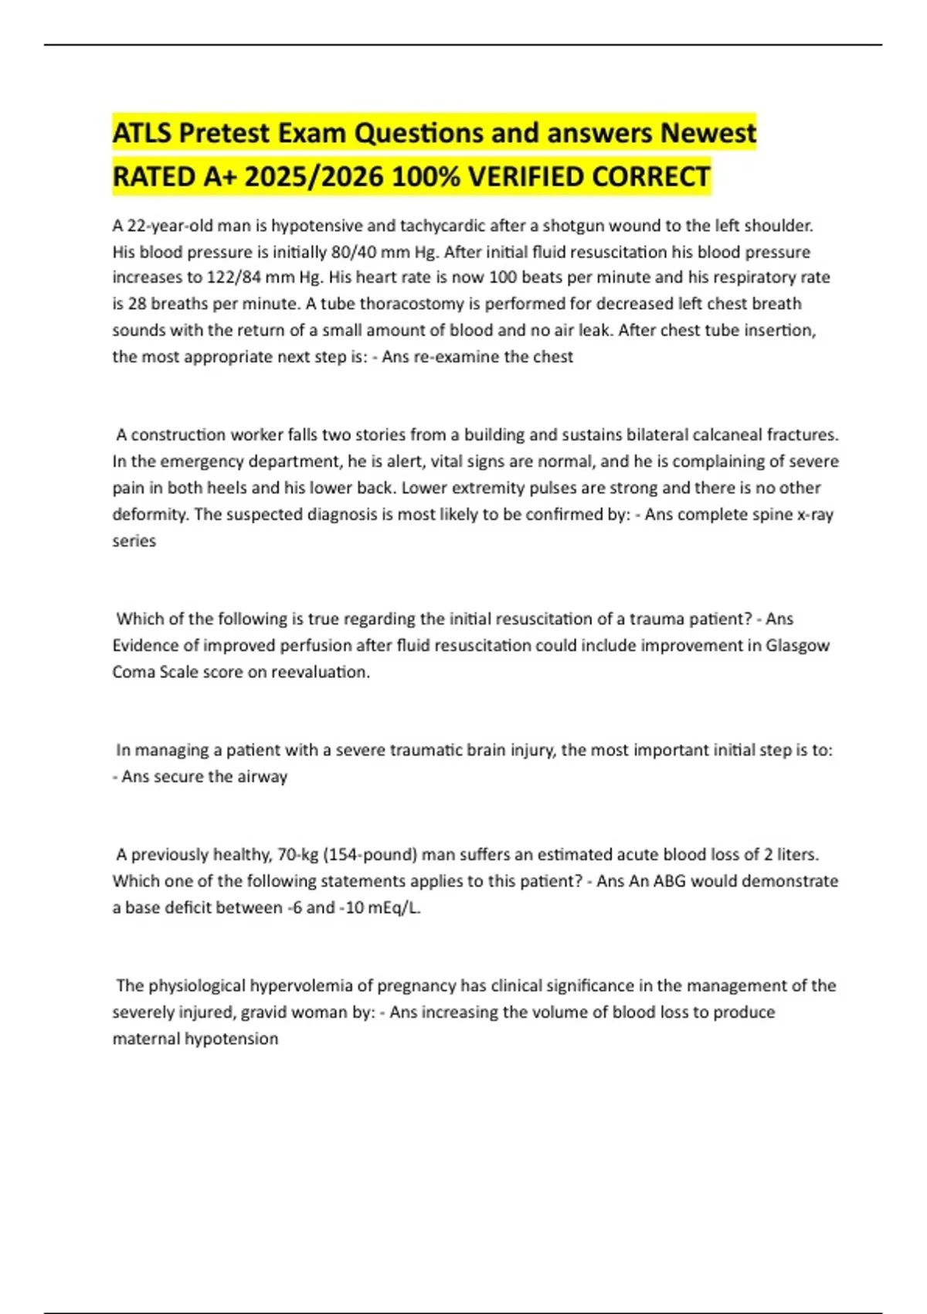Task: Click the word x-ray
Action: tap(815, 515)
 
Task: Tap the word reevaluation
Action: tap(318, 672)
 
